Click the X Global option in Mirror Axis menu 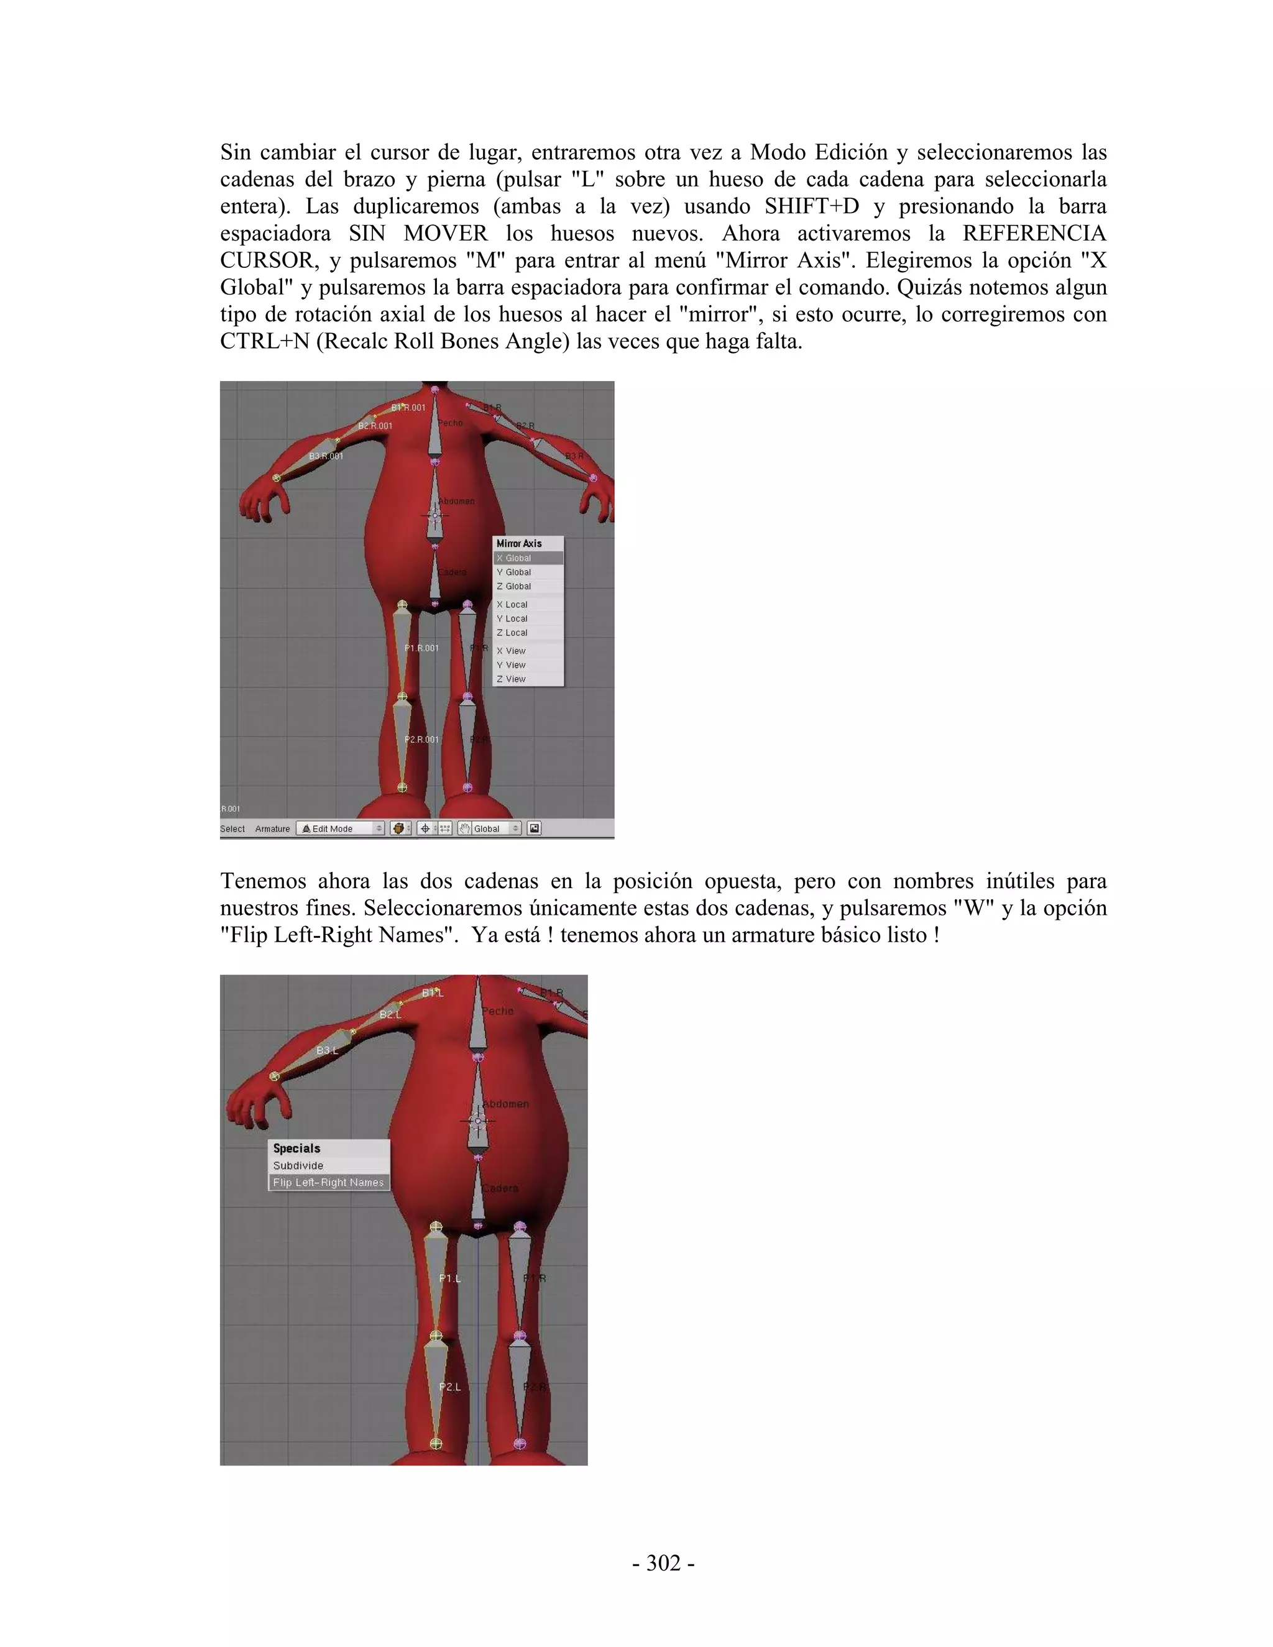click(528, 558)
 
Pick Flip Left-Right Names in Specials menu click(329, 1183)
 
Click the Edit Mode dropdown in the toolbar click(340, 828)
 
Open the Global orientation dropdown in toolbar click(489, 828)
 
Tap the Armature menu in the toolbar click(272, 828)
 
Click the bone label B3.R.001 click(326, 456)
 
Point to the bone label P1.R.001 click(421, 648)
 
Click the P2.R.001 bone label click(421, 739)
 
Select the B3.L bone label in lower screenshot click(326, 1050)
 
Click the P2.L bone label click(449, 1387)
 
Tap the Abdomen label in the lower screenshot click(505, 1104)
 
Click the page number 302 click(663, 1563)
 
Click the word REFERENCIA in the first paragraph click(1034, 233)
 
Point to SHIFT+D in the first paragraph click(811, 206)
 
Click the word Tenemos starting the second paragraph click(262, 881)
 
